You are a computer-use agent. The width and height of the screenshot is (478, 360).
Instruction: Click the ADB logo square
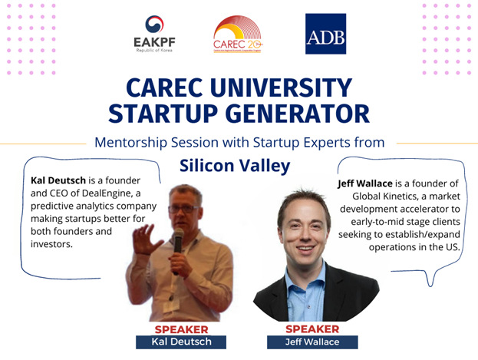coord(325,34)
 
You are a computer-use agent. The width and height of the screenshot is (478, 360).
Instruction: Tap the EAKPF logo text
coord(154,42)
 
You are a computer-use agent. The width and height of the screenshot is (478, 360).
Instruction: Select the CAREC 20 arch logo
coord(238,35)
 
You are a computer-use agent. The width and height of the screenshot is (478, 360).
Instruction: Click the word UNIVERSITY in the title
coord(281,88)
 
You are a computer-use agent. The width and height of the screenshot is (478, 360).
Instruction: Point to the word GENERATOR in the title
coord(297,114)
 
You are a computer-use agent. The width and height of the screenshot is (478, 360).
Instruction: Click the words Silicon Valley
coord(235,166)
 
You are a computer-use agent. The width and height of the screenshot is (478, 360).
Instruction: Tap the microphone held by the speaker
coord(178,247)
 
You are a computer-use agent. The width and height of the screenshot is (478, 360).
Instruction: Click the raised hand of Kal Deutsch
coord(147,239)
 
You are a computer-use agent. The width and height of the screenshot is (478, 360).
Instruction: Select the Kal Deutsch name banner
coord(181,342)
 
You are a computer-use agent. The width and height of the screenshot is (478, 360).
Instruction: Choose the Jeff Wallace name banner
coord(312,342)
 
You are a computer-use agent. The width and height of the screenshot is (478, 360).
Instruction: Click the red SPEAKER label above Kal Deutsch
coord(181,329)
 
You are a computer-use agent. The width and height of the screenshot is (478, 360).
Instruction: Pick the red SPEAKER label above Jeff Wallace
coord(312,329)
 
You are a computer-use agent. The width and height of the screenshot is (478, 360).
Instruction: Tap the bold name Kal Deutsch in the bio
coord(58,180)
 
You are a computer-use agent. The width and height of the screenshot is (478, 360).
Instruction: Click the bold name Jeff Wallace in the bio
coord(365,183)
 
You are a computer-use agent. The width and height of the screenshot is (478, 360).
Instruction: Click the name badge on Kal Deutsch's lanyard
coord(170,306)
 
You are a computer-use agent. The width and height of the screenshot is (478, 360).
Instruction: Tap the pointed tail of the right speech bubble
coord(430,286)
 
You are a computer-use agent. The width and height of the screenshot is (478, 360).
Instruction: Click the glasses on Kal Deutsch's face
coord(184,209)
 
